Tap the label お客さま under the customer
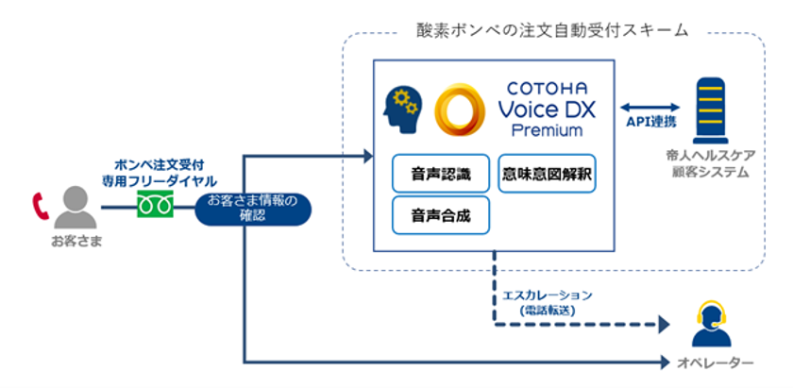click(x=76, y=242)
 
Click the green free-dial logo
click(x=152, y=204)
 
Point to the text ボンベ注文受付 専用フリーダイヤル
click(x=152, y=171)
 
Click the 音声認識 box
click(x=441, y=174)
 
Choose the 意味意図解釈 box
click(x=547, y=174)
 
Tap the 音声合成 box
click(x=441, y=214)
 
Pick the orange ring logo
click(x=460, y=110)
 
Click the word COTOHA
click(x=546, y=87)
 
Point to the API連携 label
click(x=651, y=123)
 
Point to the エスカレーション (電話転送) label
click(x=553, y=301)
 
